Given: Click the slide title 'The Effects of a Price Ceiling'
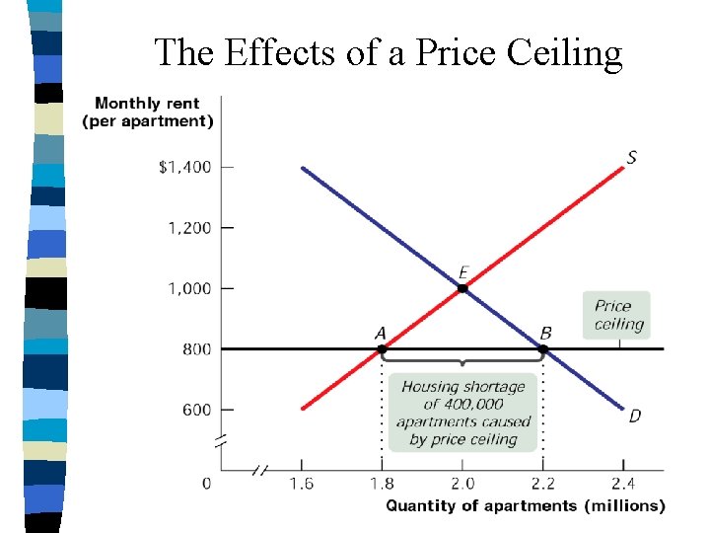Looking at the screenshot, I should pyautogui.click(x=389, y=53).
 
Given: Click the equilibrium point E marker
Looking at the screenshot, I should pyautogui.click(x=462, y=288).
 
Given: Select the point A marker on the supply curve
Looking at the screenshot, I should pyautogui.click(x=382, y=348).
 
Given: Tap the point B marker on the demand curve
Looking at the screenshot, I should pyautogui.click(x=542, y=348).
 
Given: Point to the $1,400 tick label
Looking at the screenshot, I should pyautogui.click(x=184, y=167).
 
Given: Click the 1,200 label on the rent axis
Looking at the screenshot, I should pyautogui.click(x=189, y=228).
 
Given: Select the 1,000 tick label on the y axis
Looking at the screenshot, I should pyautogui.click(x=189, y=288).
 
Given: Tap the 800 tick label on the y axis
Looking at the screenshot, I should pyautogui.click(x=197, y=348).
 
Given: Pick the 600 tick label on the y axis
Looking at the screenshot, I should pyautogui.click(x=197, y=410).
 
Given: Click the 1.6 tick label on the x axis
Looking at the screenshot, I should pyautogui.click(x=302, y=484).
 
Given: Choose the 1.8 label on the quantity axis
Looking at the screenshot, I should pyautogui.click(x=382, y=484).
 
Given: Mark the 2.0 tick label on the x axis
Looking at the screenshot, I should pyautogui.click(x=462, y=484).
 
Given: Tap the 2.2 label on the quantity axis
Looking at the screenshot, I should pyautogui.click(x=542, y=484).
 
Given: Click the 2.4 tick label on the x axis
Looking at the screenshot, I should pyautogui.click(x=622, y=484).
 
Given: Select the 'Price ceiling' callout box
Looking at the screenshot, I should pyautogui.click(x=617, y=315).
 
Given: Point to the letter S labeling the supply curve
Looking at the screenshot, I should pyautogui.click(x=631, y=158).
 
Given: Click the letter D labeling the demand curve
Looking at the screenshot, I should pyautogui.click(x=634, y=416).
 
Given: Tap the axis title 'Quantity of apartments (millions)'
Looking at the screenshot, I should pyautogui.click(x=525, y=505).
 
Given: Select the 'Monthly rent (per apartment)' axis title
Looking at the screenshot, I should pyautogui.click(x=148, y=113).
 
